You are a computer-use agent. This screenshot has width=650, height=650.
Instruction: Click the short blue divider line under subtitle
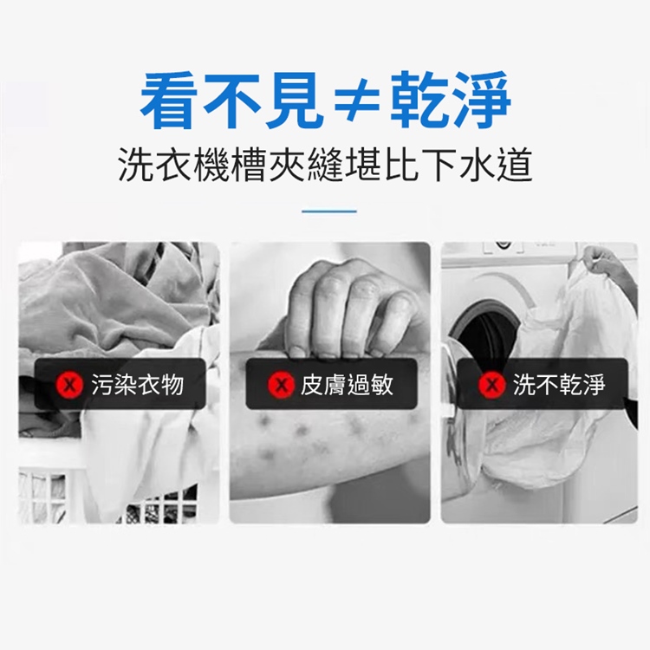coord(328,211)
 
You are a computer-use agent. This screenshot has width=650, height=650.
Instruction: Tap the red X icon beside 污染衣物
coord(68,384)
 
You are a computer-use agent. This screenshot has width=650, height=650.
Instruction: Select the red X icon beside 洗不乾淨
coord(491,384)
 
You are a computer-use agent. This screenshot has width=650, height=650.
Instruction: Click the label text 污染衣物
coord(136,384)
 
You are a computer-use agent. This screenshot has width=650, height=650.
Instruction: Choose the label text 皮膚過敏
coord(347,384)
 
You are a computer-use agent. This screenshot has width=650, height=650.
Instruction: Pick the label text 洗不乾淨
coord(559,384)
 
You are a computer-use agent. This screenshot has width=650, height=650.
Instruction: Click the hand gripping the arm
coord(347,308)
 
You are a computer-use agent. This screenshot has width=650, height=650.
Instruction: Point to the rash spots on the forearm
coord(303,433)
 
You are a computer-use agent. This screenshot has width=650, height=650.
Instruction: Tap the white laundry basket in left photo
coord(52,494)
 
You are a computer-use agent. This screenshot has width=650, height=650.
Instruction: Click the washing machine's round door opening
coord(485,329)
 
